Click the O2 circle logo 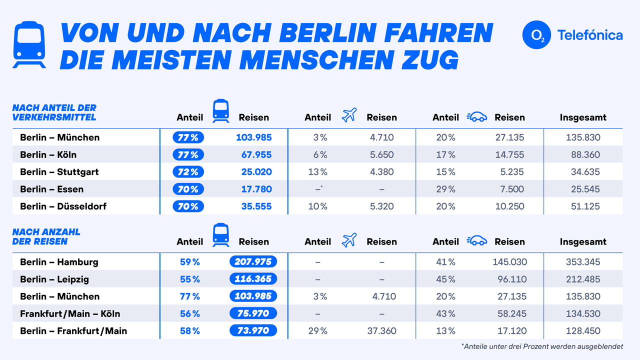point(536,35)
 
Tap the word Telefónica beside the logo point(590,35)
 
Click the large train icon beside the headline point(29,44)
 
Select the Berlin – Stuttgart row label point(59,172)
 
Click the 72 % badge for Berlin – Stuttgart point(188,172)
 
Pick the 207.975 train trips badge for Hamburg point(253,262)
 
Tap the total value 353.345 point(583,262)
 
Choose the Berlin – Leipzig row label point(54,279)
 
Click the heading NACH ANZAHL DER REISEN point(46,237)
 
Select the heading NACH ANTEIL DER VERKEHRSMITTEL point(54,112)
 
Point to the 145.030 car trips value point(509,262)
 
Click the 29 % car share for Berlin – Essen point(445,189)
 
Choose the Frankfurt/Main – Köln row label point(70,313)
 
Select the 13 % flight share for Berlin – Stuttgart point(317,172)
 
